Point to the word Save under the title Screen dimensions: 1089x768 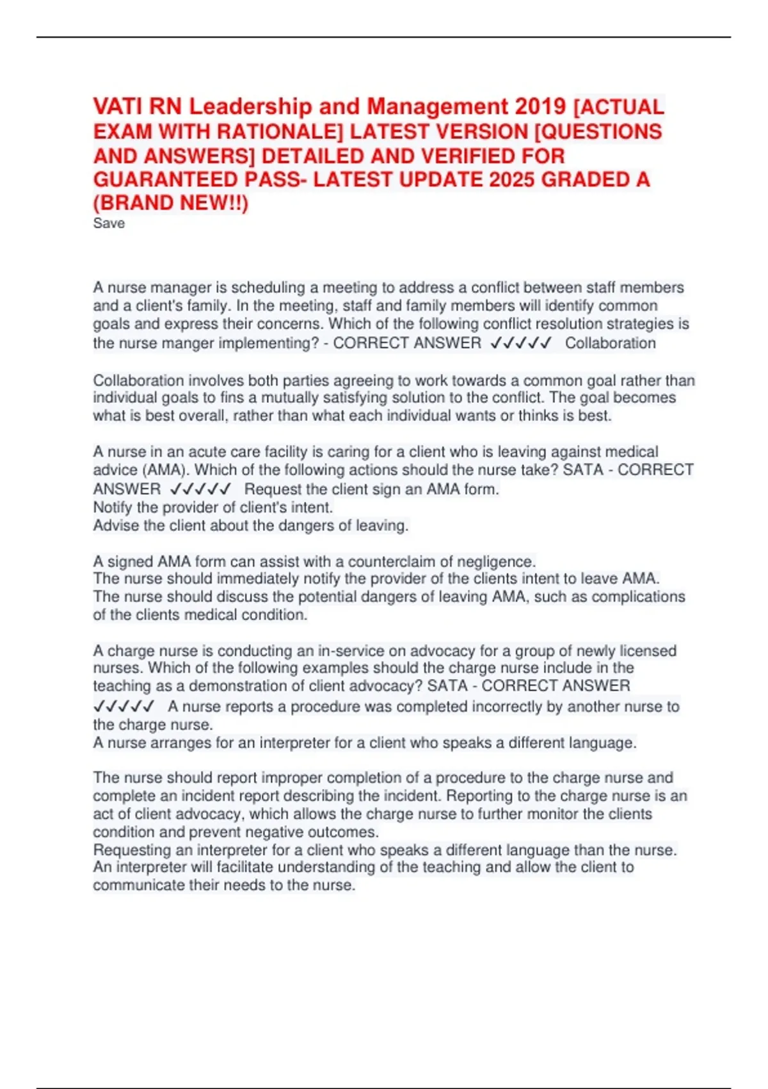tap(109, 224)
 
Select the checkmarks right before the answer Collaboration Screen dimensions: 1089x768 tap(520, 343)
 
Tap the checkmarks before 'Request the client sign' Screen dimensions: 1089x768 tap(200, 489)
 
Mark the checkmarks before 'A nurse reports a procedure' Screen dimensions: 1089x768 tap(124, 707)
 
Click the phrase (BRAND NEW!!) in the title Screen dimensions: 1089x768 tap(170, 203)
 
